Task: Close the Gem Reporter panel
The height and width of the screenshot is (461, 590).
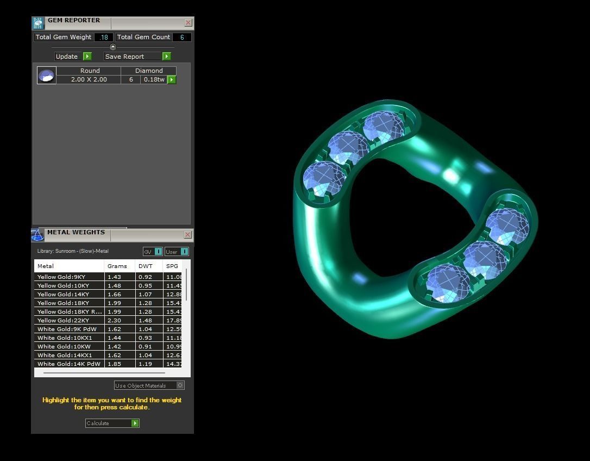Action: pos(188,23)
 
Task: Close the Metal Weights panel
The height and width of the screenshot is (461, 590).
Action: pos(187,235)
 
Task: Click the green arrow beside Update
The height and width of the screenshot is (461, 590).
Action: pos(87,56)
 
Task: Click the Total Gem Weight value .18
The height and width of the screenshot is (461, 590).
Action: pos(103,37)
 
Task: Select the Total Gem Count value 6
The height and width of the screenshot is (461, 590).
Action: pos(181,37)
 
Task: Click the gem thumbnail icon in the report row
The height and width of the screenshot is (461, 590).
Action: pos(47,75)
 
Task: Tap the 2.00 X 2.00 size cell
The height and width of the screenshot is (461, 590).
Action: pos(89,79)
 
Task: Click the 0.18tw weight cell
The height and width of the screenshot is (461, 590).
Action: pos(154,79)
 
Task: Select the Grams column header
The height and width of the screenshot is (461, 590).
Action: pos(117,266)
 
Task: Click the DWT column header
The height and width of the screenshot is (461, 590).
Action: pos(146,266)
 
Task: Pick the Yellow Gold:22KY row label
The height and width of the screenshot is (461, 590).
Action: pos(64,320)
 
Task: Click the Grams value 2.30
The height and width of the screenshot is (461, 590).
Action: pos(115,320)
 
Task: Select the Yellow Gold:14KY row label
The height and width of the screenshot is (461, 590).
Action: pos(64,294)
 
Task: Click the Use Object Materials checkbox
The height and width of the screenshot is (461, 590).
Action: pos(180,385)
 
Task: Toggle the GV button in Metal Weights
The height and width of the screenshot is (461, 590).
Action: pos(153,251)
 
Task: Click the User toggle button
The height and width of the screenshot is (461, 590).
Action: pos(177,251)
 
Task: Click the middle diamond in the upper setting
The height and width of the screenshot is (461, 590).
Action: pos(348,147)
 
